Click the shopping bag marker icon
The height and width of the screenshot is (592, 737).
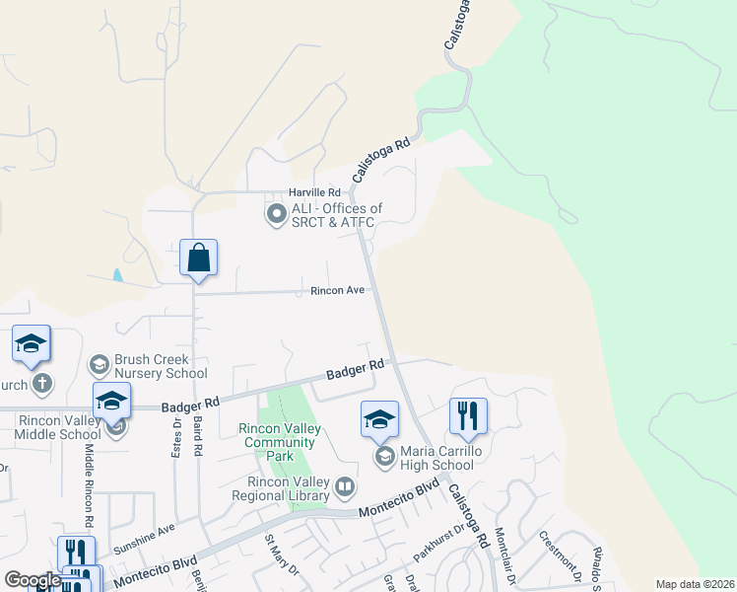point(198,259)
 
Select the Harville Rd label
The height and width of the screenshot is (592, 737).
point(314,192)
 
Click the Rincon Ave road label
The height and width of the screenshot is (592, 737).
point(338,290)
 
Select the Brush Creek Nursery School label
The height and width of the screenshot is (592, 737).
point(160,366)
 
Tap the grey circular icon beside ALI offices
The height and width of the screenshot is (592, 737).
point(276,213)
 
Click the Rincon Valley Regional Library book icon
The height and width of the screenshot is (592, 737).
point(345,486)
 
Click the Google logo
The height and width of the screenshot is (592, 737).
point(33,580)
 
